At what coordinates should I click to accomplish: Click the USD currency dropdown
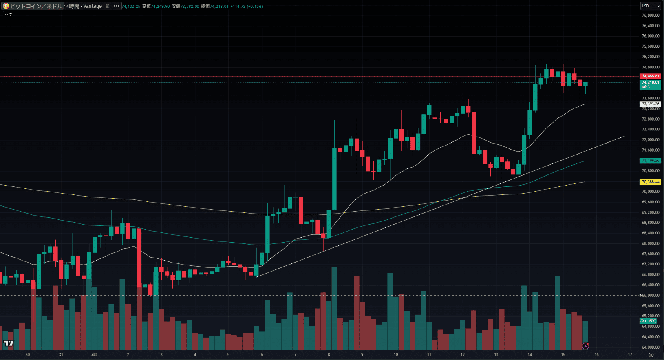[x=650, y=6]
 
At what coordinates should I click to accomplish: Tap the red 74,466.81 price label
[x=650, y=76]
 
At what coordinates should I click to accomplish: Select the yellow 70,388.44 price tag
[x=650, y=182]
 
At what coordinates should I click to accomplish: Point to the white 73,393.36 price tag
[x=650, y=104]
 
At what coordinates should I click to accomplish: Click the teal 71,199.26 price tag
[x=650, y=161]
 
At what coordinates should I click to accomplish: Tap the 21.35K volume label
[x=648, y=321]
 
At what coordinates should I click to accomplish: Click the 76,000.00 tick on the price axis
[x=650, y=36]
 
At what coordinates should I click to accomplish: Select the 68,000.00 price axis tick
[x=650, y=243]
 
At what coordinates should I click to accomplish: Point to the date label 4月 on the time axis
[x=94, y=355]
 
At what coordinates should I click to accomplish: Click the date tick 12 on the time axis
[x=463, y=355]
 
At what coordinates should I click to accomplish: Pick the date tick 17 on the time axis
[x=630, y=355]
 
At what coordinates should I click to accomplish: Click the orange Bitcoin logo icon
[x=6, y=6]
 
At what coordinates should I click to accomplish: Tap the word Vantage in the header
[x=93, y=6]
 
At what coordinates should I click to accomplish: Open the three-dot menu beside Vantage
[x=117, y=6]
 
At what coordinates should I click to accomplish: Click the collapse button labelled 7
[x=8, y=15]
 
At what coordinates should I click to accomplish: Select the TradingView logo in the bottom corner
[x=9, y=344]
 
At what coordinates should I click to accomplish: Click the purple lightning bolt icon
[x=586, y=346]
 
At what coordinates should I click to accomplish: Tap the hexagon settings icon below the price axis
[x=651, y=355]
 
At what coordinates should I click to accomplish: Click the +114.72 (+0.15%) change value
[x=246, y=7]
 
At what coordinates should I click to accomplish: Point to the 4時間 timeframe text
[x=73, y=6]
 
